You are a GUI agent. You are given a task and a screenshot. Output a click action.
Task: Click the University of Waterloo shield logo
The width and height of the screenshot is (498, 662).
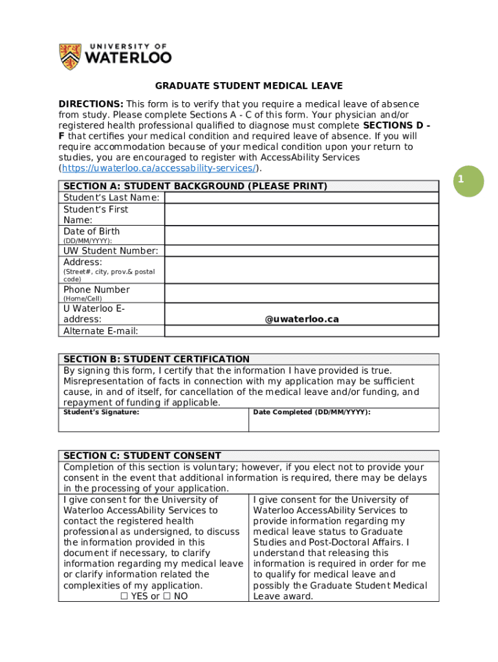[x=70, y=57]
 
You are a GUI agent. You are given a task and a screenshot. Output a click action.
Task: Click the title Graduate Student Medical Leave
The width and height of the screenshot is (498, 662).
[x=248, y=86]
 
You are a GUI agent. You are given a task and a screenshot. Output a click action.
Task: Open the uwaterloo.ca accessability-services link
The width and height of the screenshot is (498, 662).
[x=159, y=168]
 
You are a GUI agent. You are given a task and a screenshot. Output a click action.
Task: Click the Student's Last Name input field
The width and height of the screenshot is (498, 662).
[x=301, y=197]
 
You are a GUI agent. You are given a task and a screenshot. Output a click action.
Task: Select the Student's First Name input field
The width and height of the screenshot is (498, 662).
[x=301, y=215]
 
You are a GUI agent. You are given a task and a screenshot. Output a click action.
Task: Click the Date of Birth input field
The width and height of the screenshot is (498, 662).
[x=301, y=235]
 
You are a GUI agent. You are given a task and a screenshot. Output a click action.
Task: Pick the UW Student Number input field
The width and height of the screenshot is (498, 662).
[x=301, y=251]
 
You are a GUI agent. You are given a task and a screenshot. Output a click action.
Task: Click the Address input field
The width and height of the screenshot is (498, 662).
[x=301, y=270]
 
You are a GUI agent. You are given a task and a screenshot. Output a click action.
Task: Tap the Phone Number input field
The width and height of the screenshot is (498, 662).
[x=301, y=294]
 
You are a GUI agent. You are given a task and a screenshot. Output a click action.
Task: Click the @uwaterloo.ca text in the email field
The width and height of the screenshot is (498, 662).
[x=301, y=319]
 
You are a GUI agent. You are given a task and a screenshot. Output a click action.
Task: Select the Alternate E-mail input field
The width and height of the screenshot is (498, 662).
[x=301, y=331]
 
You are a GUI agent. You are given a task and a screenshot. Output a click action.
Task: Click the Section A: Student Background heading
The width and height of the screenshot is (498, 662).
[x=195, y=186]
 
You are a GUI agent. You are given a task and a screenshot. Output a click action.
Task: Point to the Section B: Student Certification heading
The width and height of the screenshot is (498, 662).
[x=156, y=359]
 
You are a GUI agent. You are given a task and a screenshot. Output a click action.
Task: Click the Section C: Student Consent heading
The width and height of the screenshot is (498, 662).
[x=142, y=456]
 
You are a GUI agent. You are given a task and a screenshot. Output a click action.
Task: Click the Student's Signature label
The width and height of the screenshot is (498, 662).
[x=101, y=412]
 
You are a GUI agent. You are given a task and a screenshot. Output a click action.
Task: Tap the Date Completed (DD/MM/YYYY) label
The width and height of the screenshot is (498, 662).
[x=312, y=412]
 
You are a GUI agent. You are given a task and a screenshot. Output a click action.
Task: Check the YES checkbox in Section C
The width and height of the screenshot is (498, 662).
[x=124, y=597]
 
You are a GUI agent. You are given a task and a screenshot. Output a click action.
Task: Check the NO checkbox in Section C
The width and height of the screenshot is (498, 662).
[x=167, y=597]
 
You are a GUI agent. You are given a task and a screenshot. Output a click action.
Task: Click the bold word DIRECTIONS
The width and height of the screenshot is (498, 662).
[x=91, y=104]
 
